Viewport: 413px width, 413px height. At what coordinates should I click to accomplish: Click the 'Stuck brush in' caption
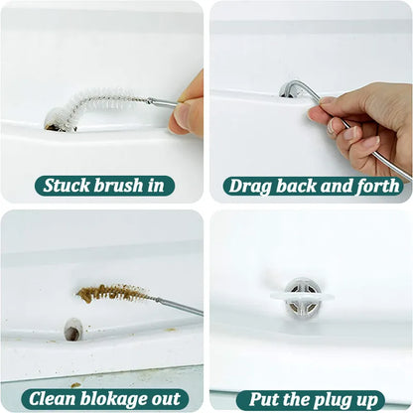[x=106, y=185]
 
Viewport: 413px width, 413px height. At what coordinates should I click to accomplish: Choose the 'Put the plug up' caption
[x=311, y=399]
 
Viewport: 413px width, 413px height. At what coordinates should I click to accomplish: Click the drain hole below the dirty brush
[x=72, y=329]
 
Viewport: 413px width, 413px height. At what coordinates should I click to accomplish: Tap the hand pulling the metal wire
[x=362, y=124]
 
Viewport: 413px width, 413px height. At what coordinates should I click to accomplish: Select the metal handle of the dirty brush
[x=178, y=305]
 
